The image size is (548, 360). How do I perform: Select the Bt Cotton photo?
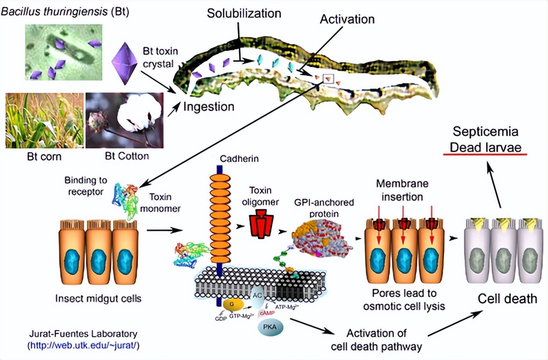coord(125,120)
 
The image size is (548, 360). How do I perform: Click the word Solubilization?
coord(244,13)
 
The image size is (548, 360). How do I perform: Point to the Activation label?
coord(347,19)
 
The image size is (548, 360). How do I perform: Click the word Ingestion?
coord(208,106)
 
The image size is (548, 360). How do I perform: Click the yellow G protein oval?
coord(233,303)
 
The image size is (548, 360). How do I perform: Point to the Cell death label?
coord(508,299)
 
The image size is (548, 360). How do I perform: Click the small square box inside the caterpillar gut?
coord(328,78)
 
